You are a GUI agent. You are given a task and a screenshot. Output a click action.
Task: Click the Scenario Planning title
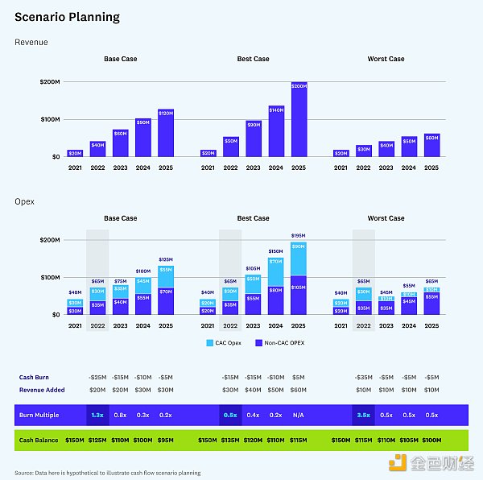[x=67, y=17]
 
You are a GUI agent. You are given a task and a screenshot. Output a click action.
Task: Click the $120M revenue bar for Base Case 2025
[x=166, y=133]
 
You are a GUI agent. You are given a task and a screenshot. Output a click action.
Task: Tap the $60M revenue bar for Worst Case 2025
[x=431, y=145]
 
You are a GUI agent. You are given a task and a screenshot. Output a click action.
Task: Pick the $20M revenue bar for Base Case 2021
[x=75, y=152]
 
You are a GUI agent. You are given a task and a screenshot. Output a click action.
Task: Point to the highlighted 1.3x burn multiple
[x=97, y=415]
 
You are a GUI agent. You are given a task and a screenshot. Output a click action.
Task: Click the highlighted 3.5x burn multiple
[x=363, y=415]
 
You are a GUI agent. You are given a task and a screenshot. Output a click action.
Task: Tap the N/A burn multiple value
[x=298, y=415]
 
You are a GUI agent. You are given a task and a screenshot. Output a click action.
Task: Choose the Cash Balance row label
[x=39, y=441]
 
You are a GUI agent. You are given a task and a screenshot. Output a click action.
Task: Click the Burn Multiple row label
[x=39, y=415]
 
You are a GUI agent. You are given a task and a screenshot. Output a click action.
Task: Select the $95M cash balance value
[x=165, y=441]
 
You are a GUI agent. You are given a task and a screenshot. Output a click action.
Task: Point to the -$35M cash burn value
[x=363, y=377]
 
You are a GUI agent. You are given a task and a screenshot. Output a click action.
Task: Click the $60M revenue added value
[x=298, y=389]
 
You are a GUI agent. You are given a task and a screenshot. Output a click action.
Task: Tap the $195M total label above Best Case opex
[x=299, y=235]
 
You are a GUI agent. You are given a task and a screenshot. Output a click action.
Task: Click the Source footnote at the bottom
[x=107, y=473]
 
